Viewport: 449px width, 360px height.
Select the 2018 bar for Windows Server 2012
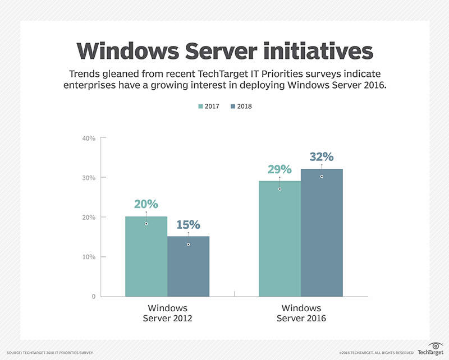188,267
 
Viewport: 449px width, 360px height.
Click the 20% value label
146,204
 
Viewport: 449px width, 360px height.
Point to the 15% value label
188,224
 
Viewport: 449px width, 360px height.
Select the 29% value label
280,169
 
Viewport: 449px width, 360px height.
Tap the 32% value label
322,156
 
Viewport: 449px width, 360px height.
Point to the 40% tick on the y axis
89,138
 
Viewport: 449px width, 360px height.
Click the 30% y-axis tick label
89,178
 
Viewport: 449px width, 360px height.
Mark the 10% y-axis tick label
89,257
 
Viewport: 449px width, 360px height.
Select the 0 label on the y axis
94,297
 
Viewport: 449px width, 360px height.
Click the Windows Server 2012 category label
167,313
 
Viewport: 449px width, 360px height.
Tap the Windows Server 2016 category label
301,313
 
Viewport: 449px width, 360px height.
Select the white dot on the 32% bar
322,177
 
